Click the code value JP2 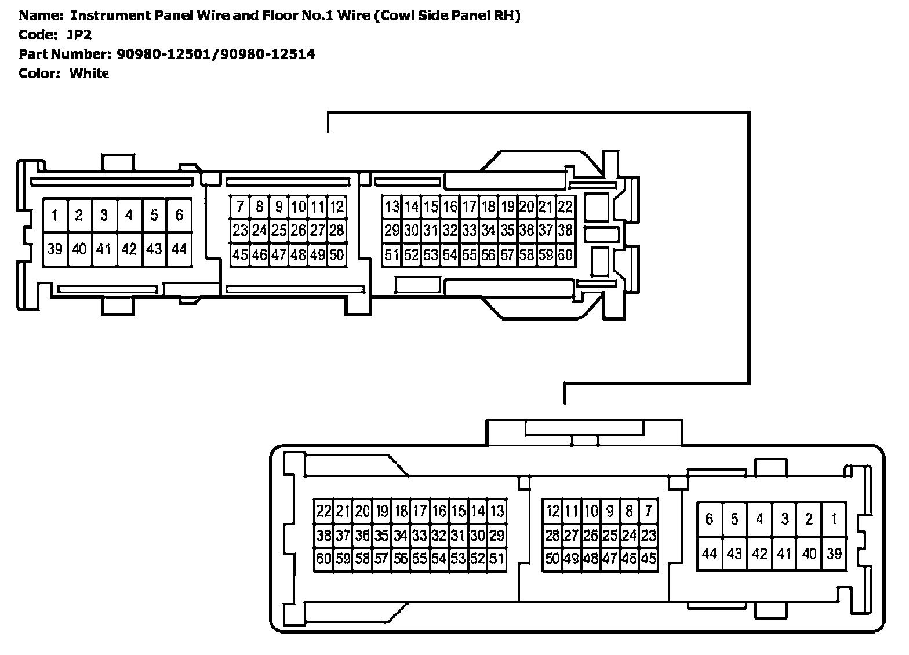tap(79, 35)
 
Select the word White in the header tap(89, 74)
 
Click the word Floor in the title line tap(281, 16)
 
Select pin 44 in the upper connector tap(179, 249)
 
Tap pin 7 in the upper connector tap(240, 207)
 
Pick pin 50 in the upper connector tap(337, 254)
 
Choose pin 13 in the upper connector tap(392, 207)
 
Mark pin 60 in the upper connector tap(565, 254)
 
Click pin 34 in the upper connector tap(488, 231)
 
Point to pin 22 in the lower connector tap(323, 511)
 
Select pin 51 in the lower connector tap(497, 559)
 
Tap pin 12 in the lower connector tap(552, 511)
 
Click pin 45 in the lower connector tap(648, 559)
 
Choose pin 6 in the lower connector tap(709, 519)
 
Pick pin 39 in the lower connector tap(834, 554)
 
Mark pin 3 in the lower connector tap(784, 519)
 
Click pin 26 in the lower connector tap(590, 536)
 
